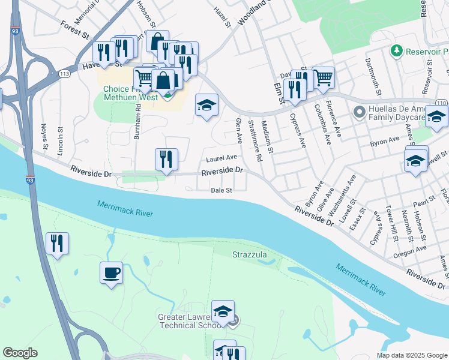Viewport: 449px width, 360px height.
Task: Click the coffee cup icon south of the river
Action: pyautogui.click(x=112, y=274)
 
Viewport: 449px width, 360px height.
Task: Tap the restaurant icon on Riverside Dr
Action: pyautogui.click(x=166, y=160)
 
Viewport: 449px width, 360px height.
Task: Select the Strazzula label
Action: pyautogui.click(x=250, y=255)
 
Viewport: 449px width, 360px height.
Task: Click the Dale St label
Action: pyautogui.click(x=221, y=190)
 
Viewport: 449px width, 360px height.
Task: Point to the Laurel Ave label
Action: pyautogui.click(x=221, y=158)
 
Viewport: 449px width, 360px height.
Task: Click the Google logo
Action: pyautogui.click(x=20, y=353)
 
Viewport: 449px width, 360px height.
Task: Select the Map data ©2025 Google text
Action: pyautogui.click(x=411, y=355)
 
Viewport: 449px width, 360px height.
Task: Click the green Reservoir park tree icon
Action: pyautogui.click(x=396, y=49)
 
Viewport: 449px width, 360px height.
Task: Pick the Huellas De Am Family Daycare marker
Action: pyautogui.click(x=360, y=112)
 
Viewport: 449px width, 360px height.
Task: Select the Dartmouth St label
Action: pyautogui.click(x=373, y=77)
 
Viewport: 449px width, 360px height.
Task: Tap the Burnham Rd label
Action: pyautogui.click(x=137, y=122)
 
